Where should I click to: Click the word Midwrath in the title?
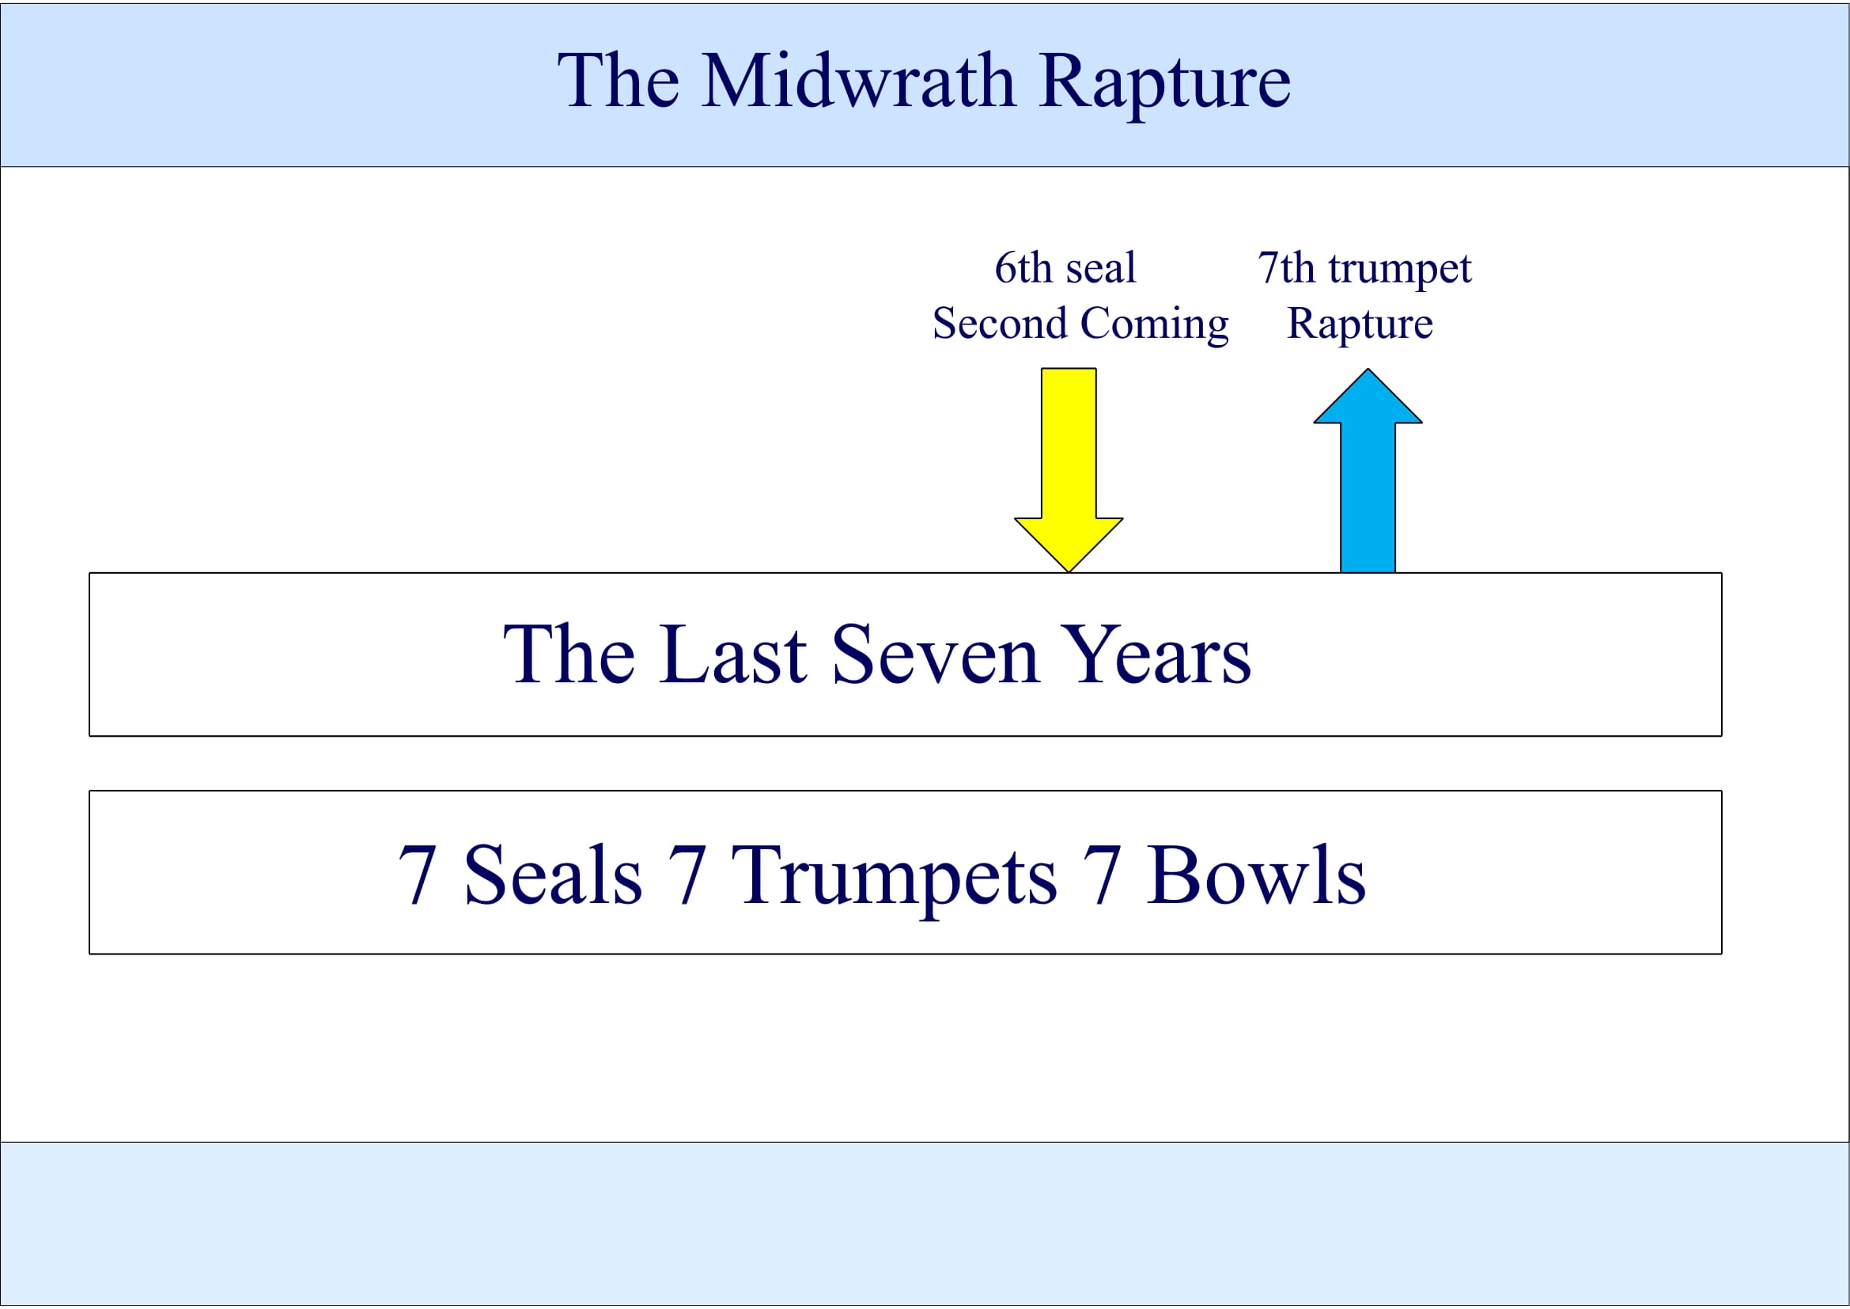857,82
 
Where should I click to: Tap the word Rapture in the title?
1164,83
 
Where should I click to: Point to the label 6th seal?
1065,267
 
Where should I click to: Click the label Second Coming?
1080,324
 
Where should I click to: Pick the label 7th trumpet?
1364,267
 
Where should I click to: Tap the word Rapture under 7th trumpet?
1360,324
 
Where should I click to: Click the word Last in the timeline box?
732,654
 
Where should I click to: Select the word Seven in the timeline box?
935,654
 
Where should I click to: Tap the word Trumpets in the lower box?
894,877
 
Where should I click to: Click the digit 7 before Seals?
418,875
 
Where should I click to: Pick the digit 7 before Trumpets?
687,875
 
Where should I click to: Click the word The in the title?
618,82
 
